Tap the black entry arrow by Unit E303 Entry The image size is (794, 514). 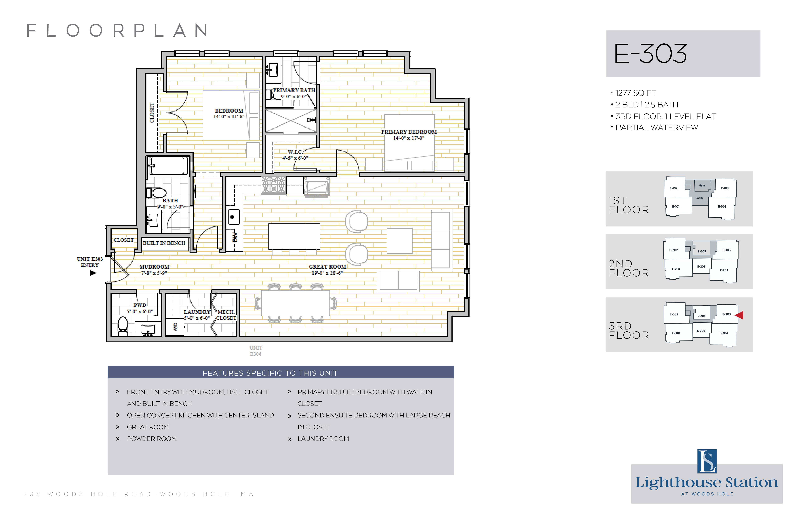[93, 273]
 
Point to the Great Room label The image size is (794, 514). [327, 267]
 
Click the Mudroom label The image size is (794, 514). [155, 267]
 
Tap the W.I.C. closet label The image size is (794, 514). [295, 152]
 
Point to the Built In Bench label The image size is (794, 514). [164, 243]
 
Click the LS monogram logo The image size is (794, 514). [707, 461]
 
